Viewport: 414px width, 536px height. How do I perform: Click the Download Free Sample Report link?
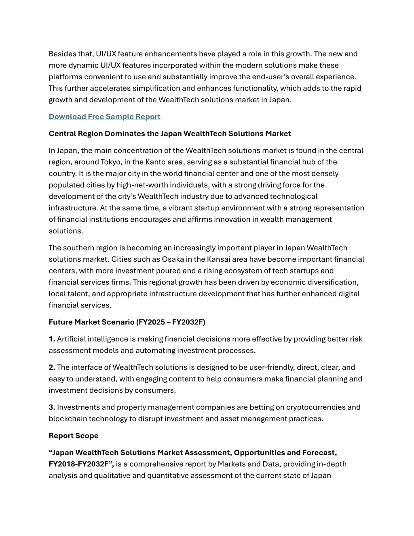104,117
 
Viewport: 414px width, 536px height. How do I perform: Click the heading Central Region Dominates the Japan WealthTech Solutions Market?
169,134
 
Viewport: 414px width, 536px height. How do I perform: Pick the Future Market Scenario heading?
127,322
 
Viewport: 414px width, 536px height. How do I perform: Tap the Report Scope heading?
74,436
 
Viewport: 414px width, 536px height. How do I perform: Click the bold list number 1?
51,339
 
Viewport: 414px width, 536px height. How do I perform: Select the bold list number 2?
52,368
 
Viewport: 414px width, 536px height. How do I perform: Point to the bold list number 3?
52,407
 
